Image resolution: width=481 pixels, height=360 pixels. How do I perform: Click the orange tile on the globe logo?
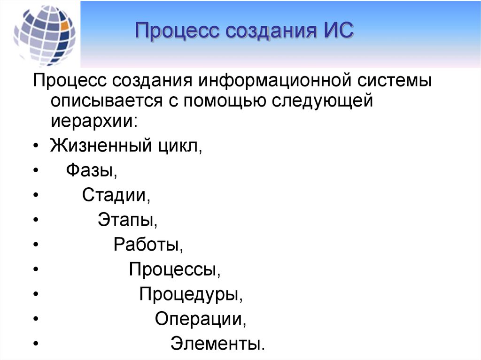coord(65,26)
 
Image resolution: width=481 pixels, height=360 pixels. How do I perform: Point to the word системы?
coord(395,81)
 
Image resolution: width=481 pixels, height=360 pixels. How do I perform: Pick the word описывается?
coord(107,101)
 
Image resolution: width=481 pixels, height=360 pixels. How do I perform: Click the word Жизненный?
coord(101,146)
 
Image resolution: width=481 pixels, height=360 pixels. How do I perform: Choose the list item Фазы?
coord(92,170)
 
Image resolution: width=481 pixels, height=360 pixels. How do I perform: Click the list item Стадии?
coord(116,195)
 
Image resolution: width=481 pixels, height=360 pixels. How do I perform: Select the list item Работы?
coord(148,245)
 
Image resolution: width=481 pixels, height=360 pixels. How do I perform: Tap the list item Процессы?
coord(175,269)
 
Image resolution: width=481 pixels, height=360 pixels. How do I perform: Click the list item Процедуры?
coord(191,294)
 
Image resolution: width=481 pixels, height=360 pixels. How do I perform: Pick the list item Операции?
coord(200,319)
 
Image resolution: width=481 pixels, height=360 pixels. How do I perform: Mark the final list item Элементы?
coord(217,344)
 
